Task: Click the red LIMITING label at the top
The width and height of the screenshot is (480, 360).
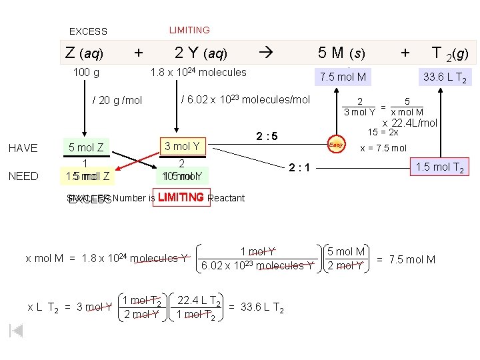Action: click(x=189, y=30)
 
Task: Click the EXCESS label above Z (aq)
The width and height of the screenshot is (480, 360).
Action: click(x=88, y=31)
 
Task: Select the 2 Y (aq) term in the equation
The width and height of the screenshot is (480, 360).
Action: click(x=201, y=53)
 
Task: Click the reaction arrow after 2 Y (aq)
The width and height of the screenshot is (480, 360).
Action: click(x=265, y=53)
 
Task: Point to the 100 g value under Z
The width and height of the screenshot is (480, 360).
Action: click(x=86, y=72)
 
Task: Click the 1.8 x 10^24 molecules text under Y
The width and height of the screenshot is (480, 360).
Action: click(x=198, y=72)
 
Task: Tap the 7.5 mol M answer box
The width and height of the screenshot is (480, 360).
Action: click(x=343, y=77)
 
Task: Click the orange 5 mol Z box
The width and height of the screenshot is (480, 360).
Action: click(x=86, y=147)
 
